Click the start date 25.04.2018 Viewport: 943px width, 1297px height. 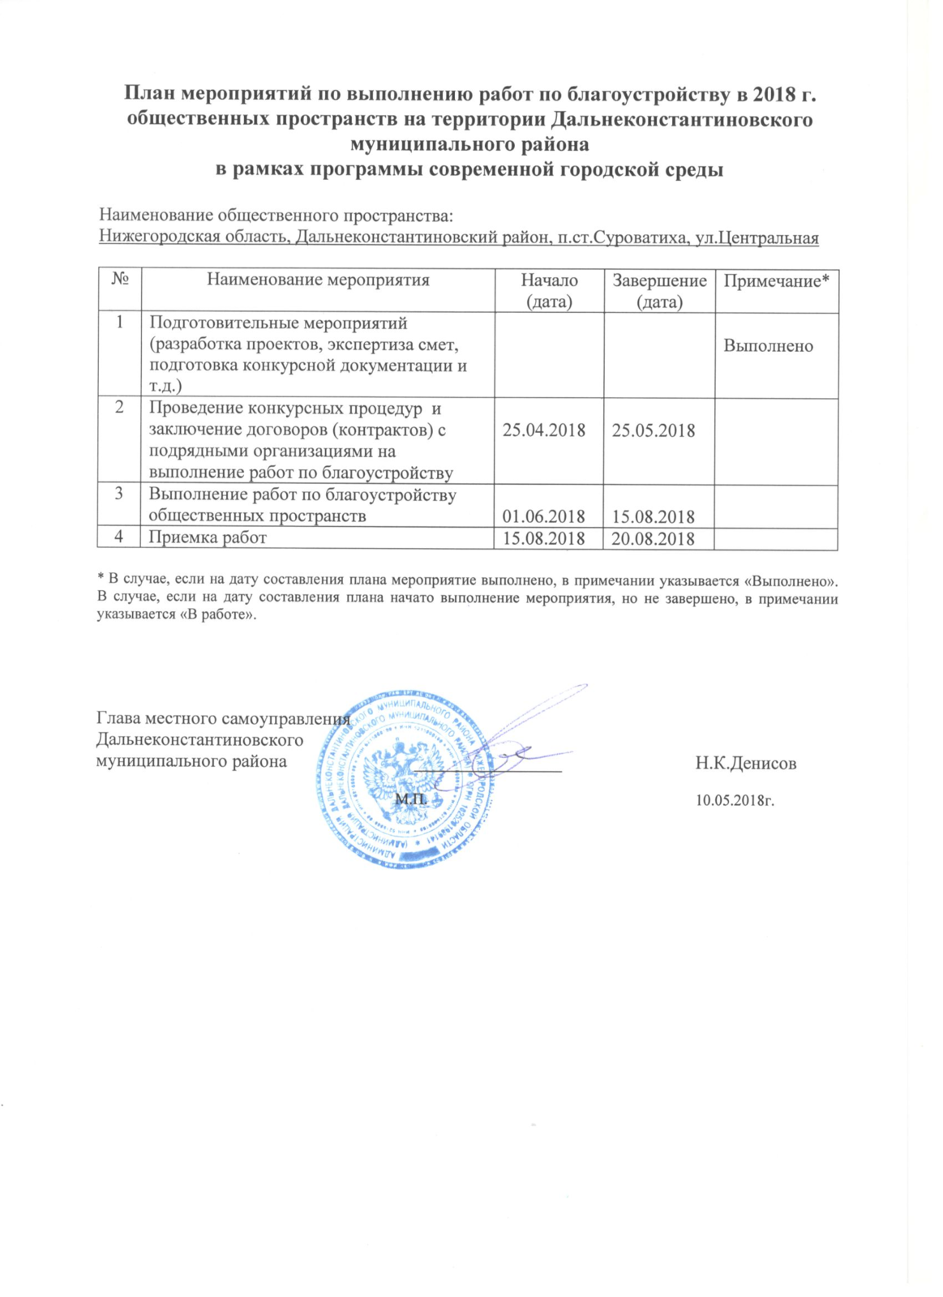[543, 430]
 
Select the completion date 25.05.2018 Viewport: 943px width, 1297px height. [653, 430]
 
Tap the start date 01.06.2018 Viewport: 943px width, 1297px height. [543, 517]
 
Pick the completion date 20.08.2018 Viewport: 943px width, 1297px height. [653, 539]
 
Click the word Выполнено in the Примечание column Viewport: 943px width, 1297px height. [768, 346]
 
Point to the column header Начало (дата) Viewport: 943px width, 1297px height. [549, 291]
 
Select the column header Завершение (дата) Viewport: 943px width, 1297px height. [659, 291]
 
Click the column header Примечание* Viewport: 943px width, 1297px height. [776, 281]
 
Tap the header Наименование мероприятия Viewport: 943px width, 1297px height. [318, 280]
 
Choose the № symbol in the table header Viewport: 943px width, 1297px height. [120, 280]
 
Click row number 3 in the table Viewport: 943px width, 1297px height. [119, 494]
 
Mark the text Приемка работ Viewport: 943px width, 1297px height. [208, 537]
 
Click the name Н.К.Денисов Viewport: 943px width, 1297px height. [745, 764]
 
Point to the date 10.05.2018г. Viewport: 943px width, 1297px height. [735, 801]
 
